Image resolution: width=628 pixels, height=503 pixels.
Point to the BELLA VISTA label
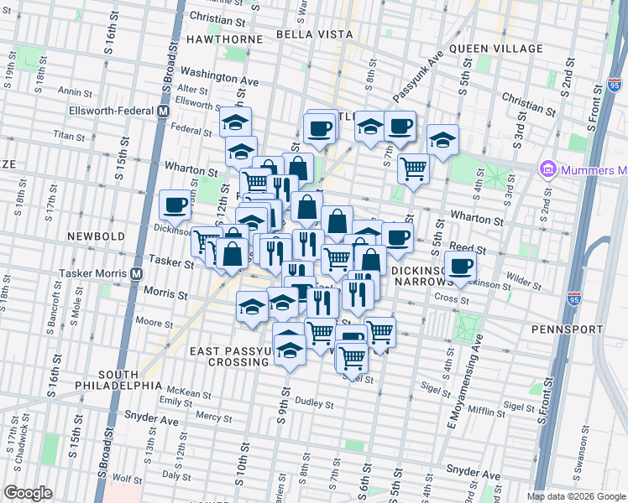pos(311,35)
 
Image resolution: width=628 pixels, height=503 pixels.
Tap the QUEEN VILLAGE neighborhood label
pos(496,49)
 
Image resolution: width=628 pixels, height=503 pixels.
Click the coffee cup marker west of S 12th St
pos(175,204)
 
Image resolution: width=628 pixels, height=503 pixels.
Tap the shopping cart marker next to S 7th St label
pos(413,168)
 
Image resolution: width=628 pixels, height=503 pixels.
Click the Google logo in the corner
pos(29,492)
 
